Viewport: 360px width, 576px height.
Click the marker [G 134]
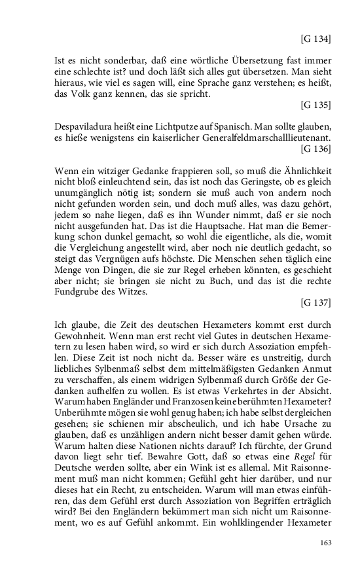[x=315, y=39]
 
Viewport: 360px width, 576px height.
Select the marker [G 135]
[x=315, y=105]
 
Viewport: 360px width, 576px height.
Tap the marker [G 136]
[x=315, y=149]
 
